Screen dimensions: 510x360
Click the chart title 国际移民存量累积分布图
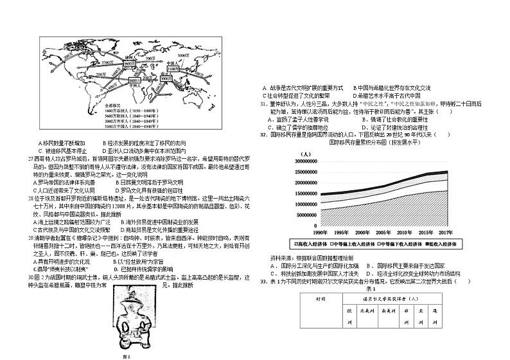364,143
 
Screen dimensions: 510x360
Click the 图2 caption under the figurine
127,357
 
